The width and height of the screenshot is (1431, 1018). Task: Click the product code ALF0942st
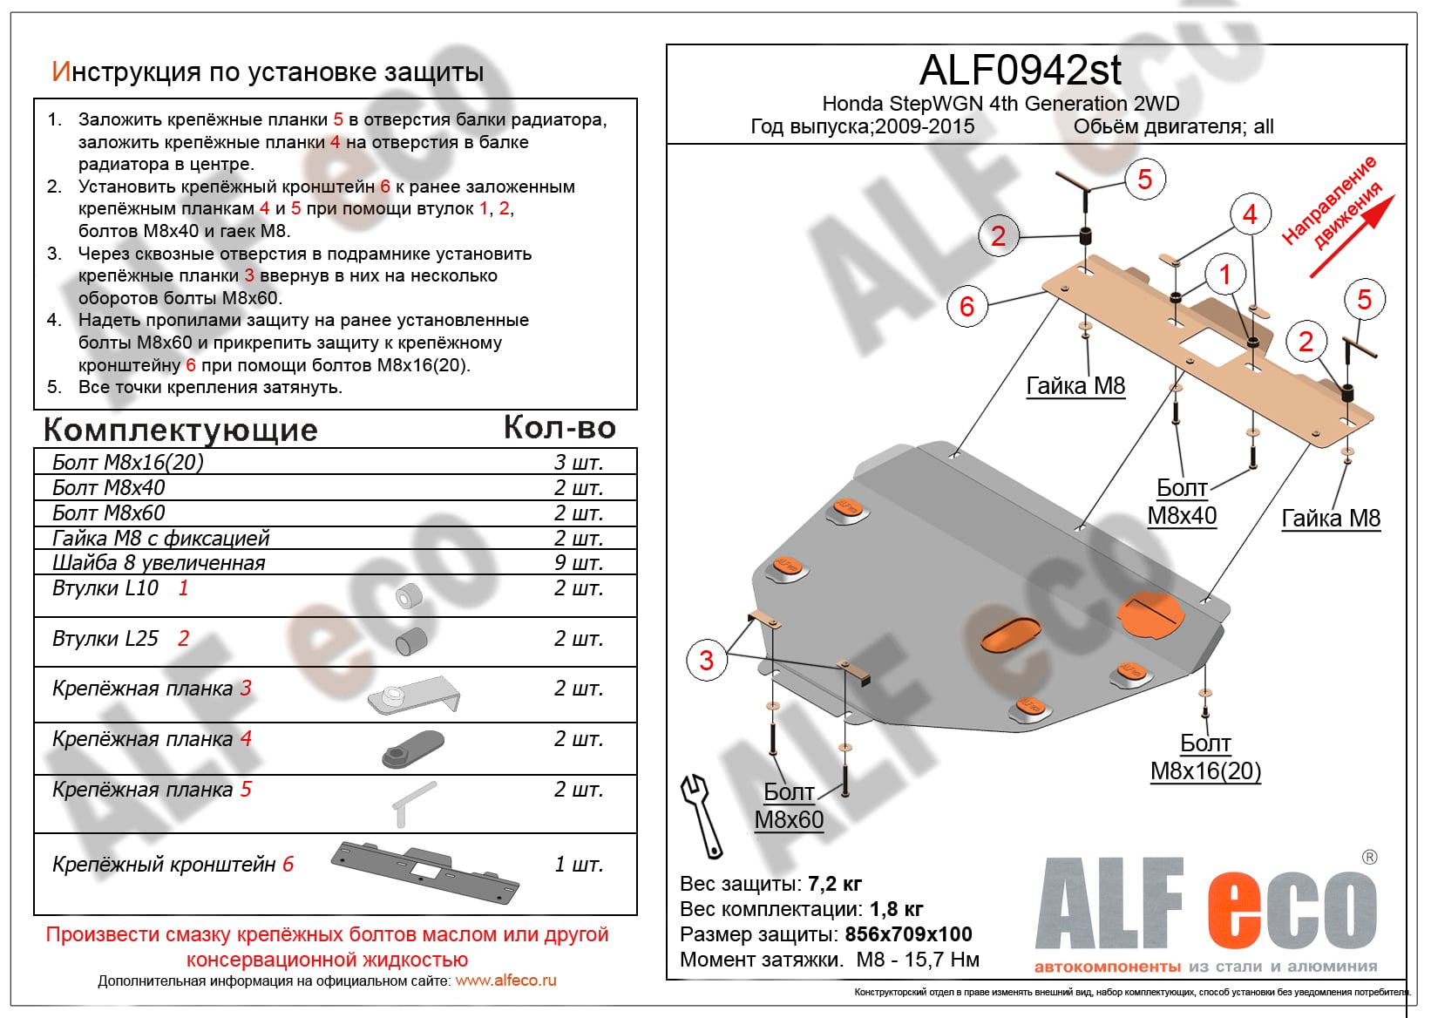pos(1021,70)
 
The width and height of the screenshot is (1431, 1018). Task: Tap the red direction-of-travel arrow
pos(1353,236)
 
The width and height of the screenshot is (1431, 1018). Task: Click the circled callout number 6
pos(966,306)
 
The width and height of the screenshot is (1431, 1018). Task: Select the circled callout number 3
pos(706,660)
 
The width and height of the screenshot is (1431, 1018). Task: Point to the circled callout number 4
pos(1250,214)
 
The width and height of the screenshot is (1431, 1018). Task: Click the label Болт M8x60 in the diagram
pos(789,805)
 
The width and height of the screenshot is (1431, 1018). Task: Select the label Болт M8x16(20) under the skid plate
pos(1205,757)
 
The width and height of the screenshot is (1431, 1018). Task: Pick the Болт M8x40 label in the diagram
pos(1182,501)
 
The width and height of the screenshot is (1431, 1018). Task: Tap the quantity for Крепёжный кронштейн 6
pos(579,865)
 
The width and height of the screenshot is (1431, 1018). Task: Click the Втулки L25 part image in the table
pos(410,641)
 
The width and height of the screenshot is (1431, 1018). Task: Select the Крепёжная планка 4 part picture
pos(413,748)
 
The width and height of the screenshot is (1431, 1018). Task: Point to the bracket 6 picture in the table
pos(425,870)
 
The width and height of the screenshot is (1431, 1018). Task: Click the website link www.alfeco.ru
pos(505,981)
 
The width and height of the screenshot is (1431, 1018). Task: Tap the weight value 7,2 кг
pos(835,884)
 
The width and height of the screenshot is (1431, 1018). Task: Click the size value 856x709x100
pos(908,934)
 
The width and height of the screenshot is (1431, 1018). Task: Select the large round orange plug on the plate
pos(1150,614)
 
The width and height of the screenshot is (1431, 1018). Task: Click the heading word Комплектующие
pos(180,430)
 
